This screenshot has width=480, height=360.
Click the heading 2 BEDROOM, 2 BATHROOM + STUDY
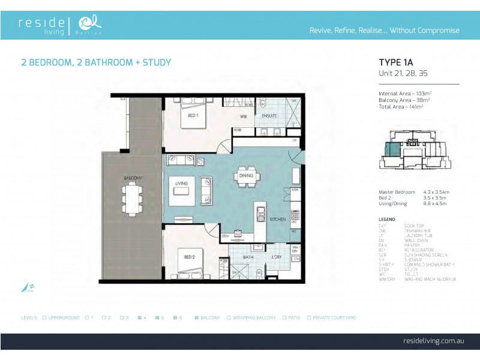[x=96, y=62]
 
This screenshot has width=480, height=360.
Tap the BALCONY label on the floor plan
[x=133, y=178]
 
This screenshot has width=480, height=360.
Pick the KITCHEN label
[x=277, y=220]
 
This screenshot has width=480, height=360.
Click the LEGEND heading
[x=387, y=220]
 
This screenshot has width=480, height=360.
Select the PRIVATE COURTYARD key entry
[x=332, y=317]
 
